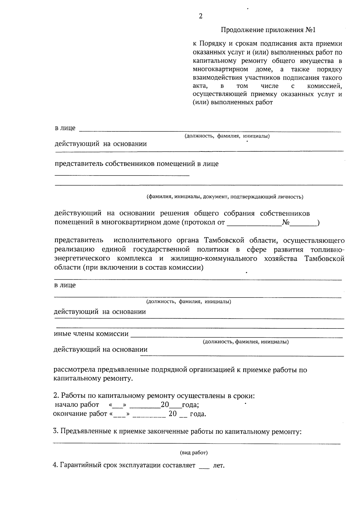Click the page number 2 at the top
pyautogui.click(x=200, y=16)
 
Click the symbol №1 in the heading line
pyautogui.click(x=310, y=30)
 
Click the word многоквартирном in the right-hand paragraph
pyautogui.click(x=220, y=70)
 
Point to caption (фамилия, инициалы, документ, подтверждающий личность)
pyautogui.click(x=225, y=197)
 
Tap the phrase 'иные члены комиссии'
pyautogui.click(x=91, y=334)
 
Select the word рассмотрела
pyautogui.click(x=73, y=370)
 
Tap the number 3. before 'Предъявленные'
pyautogui.click(x=55, y=432)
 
